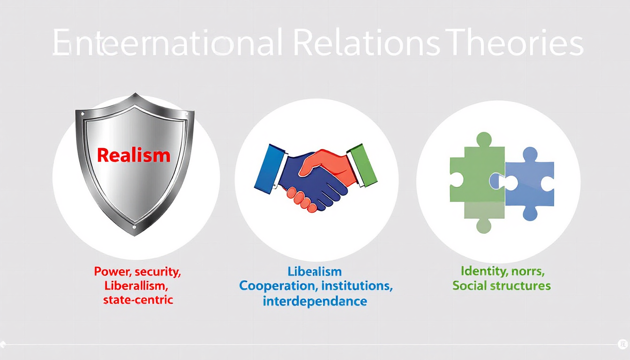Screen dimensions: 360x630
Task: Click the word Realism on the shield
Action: (134, 155)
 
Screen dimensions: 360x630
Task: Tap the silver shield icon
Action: (135, 197)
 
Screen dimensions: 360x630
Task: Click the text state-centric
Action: (138, 300)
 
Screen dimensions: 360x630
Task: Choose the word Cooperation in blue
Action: (276, 285)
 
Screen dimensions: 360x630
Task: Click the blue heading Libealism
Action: (315, 271)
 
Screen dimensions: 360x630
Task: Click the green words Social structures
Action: (501, 285)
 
